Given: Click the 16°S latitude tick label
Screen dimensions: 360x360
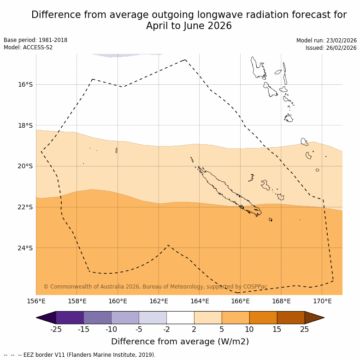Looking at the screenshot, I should point(25,84).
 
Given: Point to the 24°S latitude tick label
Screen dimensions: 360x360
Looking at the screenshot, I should point(25,248).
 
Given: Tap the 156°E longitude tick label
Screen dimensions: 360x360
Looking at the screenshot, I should point(36,301).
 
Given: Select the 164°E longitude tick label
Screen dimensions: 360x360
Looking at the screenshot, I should point(200,301).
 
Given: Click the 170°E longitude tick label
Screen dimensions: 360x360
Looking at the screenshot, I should point(322,301).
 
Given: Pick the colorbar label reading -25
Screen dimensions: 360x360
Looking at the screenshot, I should point(56,329).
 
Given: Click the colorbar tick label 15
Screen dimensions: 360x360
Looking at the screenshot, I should point(277,329).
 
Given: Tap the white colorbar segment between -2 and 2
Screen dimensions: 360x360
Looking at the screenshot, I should point(180,318).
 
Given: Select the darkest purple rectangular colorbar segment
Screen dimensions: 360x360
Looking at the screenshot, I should point(70,318).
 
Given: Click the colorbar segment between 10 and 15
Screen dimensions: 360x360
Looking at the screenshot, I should point(263,318).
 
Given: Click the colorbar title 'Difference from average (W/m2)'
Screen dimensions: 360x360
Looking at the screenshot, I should point(180,342).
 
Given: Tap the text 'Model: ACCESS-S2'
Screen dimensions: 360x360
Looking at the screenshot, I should point(28,47).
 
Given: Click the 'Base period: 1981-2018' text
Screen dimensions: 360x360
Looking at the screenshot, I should point(35,40).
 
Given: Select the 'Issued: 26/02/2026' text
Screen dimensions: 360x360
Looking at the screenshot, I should point(331,48).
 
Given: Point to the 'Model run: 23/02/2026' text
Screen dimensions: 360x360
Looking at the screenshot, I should point(326,41).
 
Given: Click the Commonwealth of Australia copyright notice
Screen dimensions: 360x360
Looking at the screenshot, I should point(155,287).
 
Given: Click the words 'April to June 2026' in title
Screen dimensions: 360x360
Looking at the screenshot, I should point(189,26).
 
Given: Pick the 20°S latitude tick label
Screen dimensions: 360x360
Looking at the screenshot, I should point(25,166).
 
